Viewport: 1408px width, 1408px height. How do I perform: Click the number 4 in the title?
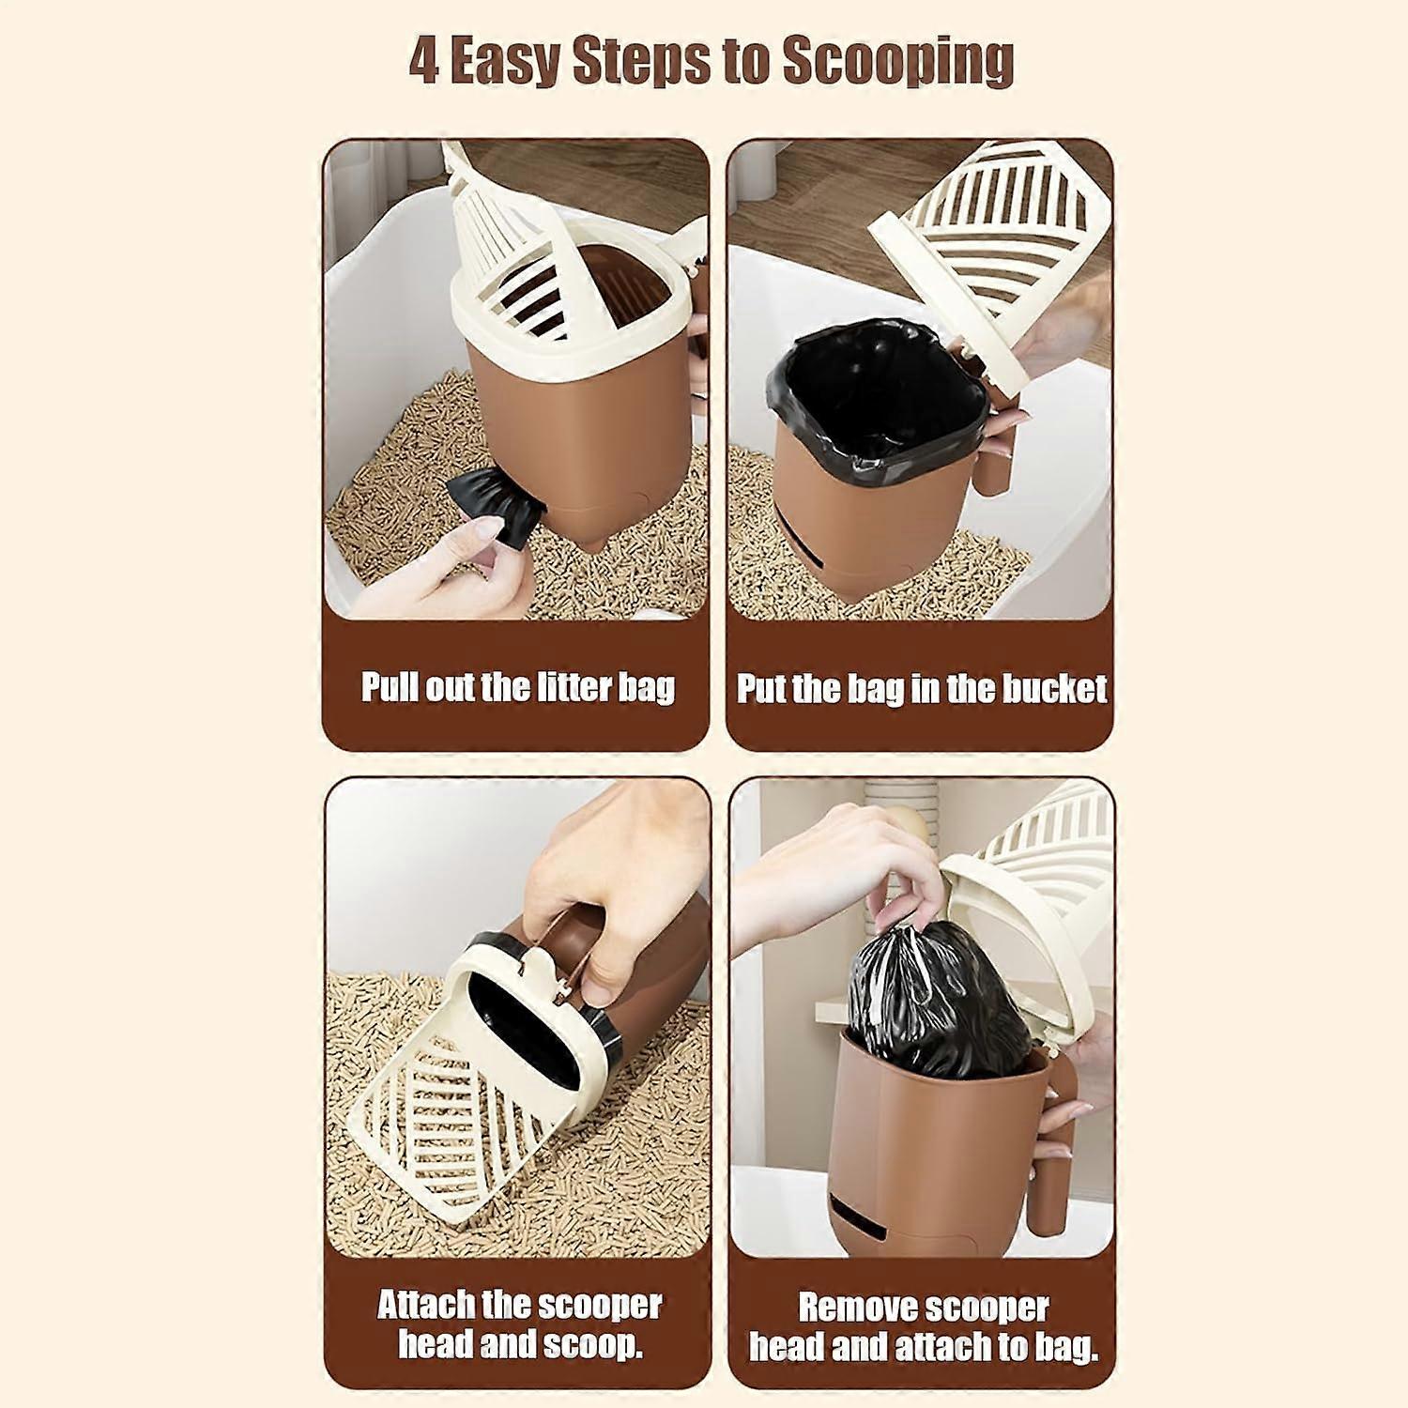(424, 62)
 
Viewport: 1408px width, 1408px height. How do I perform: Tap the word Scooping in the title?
(898, 62)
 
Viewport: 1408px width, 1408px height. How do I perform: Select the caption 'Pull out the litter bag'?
(518, 687)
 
